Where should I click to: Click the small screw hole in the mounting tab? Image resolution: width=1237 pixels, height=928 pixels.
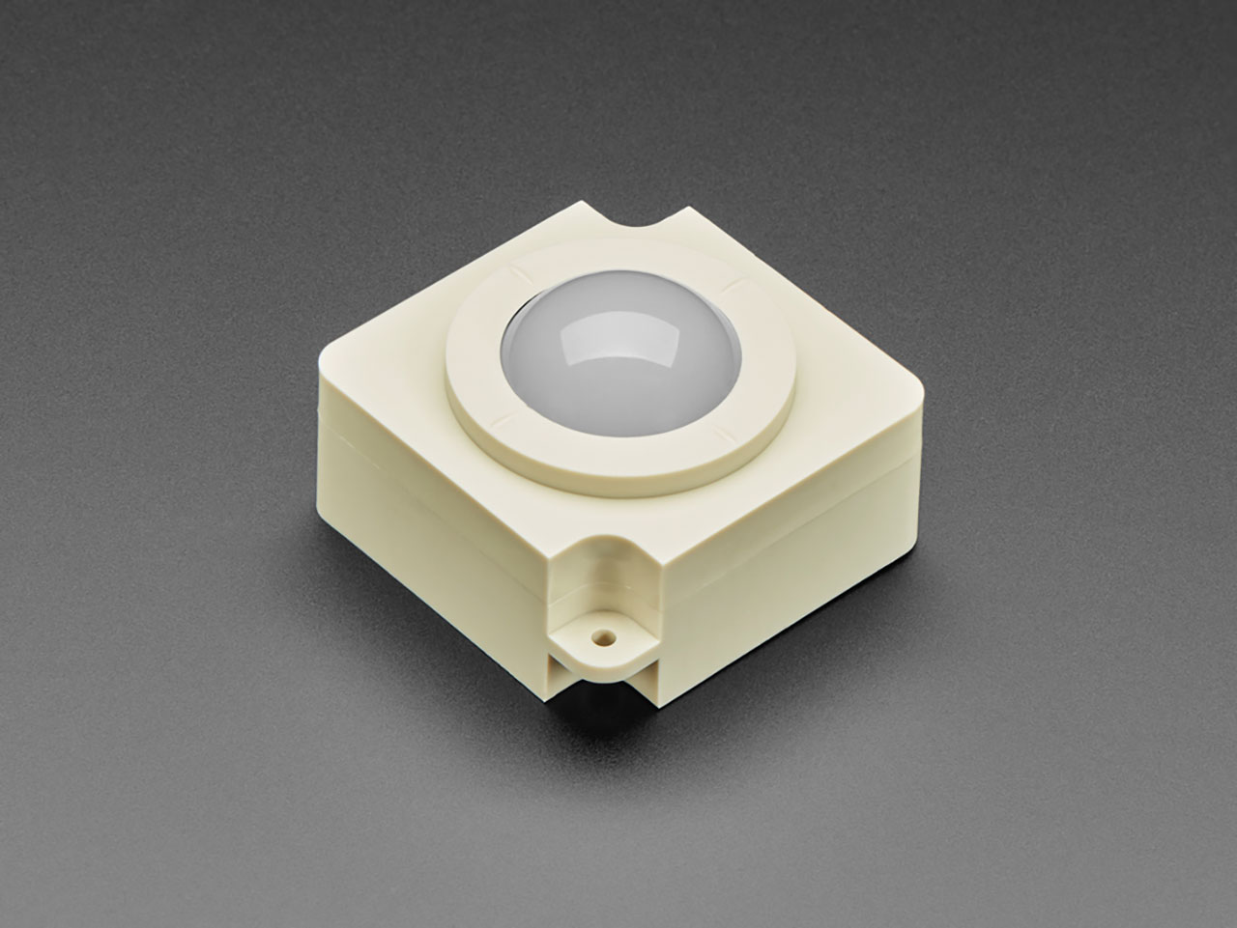603,637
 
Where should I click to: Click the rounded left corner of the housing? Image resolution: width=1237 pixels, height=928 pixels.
324,362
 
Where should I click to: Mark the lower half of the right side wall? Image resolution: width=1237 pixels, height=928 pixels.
792,599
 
